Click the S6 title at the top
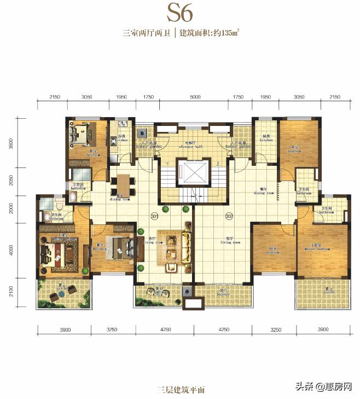coord(180,12)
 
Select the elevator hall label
coord(191,145)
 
